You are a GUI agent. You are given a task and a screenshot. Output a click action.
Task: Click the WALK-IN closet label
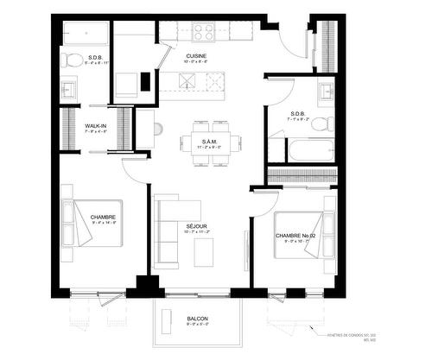pos(95,127)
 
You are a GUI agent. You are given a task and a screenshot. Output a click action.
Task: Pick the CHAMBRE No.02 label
pos(293,235)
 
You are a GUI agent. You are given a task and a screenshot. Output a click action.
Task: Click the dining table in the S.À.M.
pos(209,143)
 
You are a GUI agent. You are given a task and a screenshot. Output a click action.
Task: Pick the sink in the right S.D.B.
pos(326,90)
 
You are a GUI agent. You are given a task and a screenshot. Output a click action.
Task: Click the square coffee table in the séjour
pos(204,251)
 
